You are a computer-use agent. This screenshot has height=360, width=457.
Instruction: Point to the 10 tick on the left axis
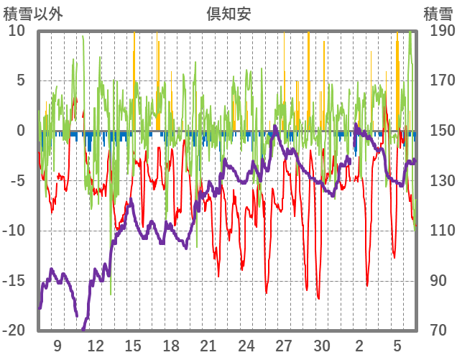tap(17, 31)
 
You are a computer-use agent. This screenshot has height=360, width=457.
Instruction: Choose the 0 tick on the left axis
tap(21, 131)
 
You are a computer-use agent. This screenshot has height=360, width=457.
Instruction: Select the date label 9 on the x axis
tap(57, 346)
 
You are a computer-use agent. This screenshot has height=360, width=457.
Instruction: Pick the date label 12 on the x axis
tap(95, 346)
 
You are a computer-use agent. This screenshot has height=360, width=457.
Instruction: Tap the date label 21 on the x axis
tap(208, 346)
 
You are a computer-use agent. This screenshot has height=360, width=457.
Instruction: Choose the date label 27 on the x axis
tap(284, 346)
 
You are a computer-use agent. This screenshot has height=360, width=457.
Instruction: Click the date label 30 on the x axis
tap(322, 346)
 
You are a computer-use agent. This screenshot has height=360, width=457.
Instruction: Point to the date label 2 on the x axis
tap(359, 346)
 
